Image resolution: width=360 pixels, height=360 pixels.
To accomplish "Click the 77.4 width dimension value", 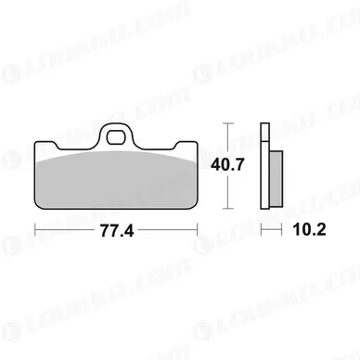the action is point(117,230).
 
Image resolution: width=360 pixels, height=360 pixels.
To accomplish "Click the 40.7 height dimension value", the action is point(227,164).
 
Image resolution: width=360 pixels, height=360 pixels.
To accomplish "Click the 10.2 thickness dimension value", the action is point(309,230).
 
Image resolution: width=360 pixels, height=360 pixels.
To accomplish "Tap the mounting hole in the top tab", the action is point(115,137).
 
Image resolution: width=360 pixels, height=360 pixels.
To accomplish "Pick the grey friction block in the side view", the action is point(276,178).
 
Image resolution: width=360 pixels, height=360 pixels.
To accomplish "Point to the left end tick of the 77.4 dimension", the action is point(35,229).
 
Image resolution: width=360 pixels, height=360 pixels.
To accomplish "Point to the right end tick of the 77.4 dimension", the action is point(197,229).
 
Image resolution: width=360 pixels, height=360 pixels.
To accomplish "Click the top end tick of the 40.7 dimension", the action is point(228,123).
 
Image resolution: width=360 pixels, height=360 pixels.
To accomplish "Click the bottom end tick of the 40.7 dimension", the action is point(228,209).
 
